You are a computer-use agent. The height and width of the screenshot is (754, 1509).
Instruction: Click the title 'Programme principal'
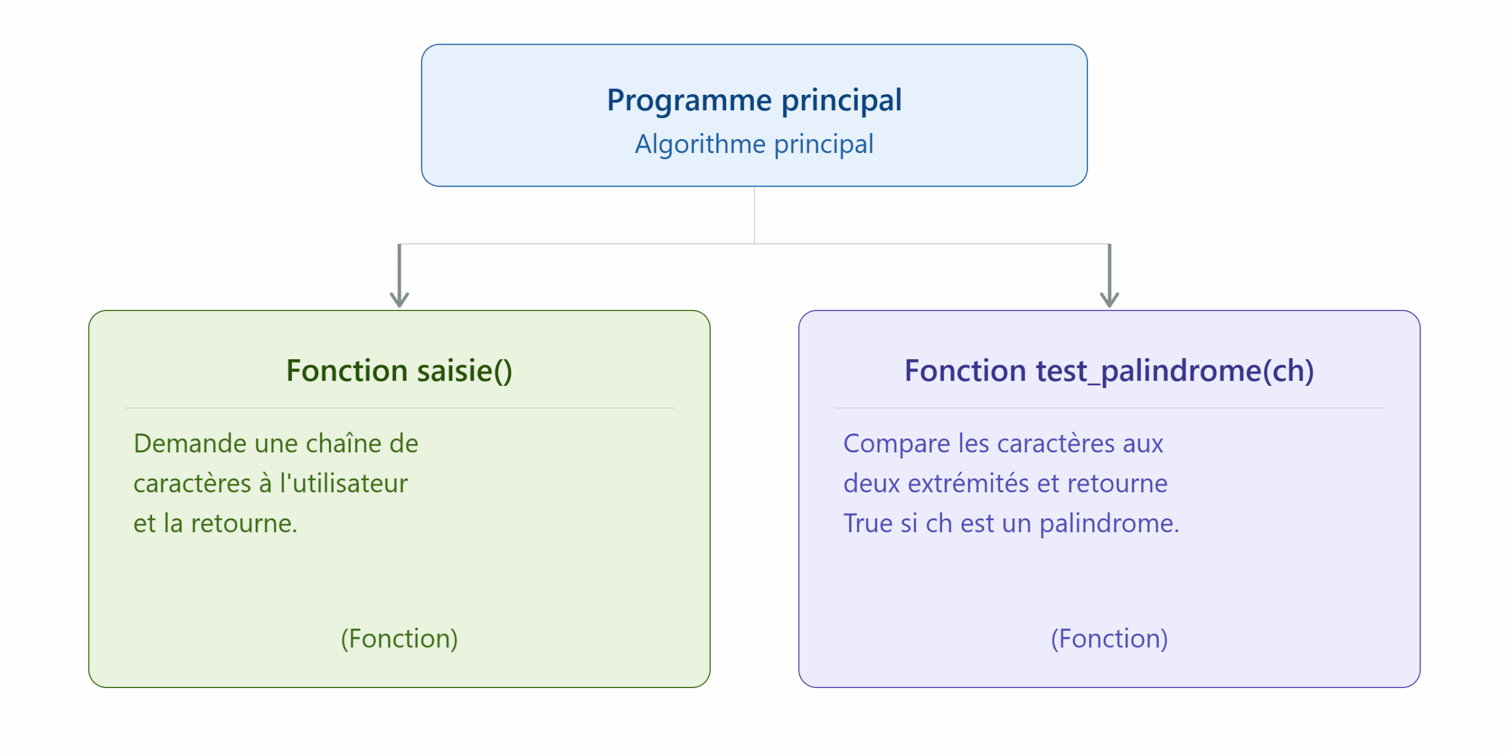tap(754, 100)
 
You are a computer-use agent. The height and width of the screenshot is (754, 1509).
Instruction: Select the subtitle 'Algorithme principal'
tap(754, 144)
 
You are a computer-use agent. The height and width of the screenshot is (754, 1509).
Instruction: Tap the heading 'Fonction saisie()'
tap(399, 371)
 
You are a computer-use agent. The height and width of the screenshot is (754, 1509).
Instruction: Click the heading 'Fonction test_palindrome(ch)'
tap(1109, 371)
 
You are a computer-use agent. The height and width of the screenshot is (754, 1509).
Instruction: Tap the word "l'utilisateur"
tap(344, 484)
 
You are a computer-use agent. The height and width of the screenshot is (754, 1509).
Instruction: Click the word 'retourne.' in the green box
tap(244, 524)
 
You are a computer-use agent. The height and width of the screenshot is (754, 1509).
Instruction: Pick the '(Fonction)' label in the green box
tap(399, 639)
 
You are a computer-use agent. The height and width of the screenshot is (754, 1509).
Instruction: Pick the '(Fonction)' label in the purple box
tap(1109, 639)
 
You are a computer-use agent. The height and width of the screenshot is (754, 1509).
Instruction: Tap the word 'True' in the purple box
tap(868, 524)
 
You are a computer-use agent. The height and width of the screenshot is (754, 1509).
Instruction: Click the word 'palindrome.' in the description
tap(1109, 524)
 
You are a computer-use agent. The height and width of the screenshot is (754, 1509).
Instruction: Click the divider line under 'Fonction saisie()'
tap(399, 408)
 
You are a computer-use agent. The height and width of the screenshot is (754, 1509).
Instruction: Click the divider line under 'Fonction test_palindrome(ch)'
tap(1109, 408)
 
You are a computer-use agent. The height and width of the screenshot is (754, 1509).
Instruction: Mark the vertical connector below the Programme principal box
tap(754, 215)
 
